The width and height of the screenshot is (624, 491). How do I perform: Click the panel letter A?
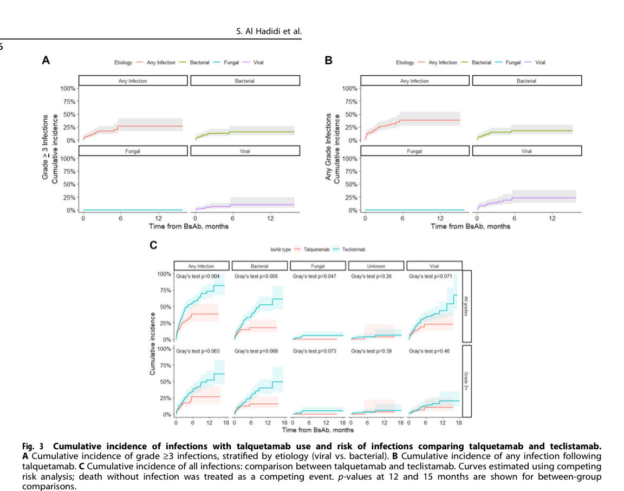[47, 61]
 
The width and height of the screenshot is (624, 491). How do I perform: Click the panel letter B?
[328, 61]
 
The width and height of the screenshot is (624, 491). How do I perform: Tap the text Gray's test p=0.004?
[197, 277]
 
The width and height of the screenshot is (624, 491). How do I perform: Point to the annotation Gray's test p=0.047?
[314, 277]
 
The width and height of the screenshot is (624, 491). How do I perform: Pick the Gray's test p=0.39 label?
[371, 351]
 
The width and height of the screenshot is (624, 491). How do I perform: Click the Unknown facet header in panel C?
[376, 266]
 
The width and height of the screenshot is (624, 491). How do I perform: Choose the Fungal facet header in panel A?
[133, 151]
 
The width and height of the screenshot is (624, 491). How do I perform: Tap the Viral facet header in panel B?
[526, 151]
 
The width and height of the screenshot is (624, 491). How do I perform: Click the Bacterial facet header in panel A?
[245, 81]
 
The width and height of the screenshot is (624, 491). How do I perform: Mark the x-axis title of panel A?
[188, 226]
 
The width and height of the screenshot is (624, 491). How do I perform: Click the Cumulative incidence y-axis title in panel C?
[153, 344]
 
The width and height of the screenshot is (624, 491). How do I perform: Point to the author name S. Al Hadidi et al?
[268, 31]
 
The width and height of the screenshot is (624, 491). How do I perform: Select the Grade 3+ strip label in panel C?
[466, 381]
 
